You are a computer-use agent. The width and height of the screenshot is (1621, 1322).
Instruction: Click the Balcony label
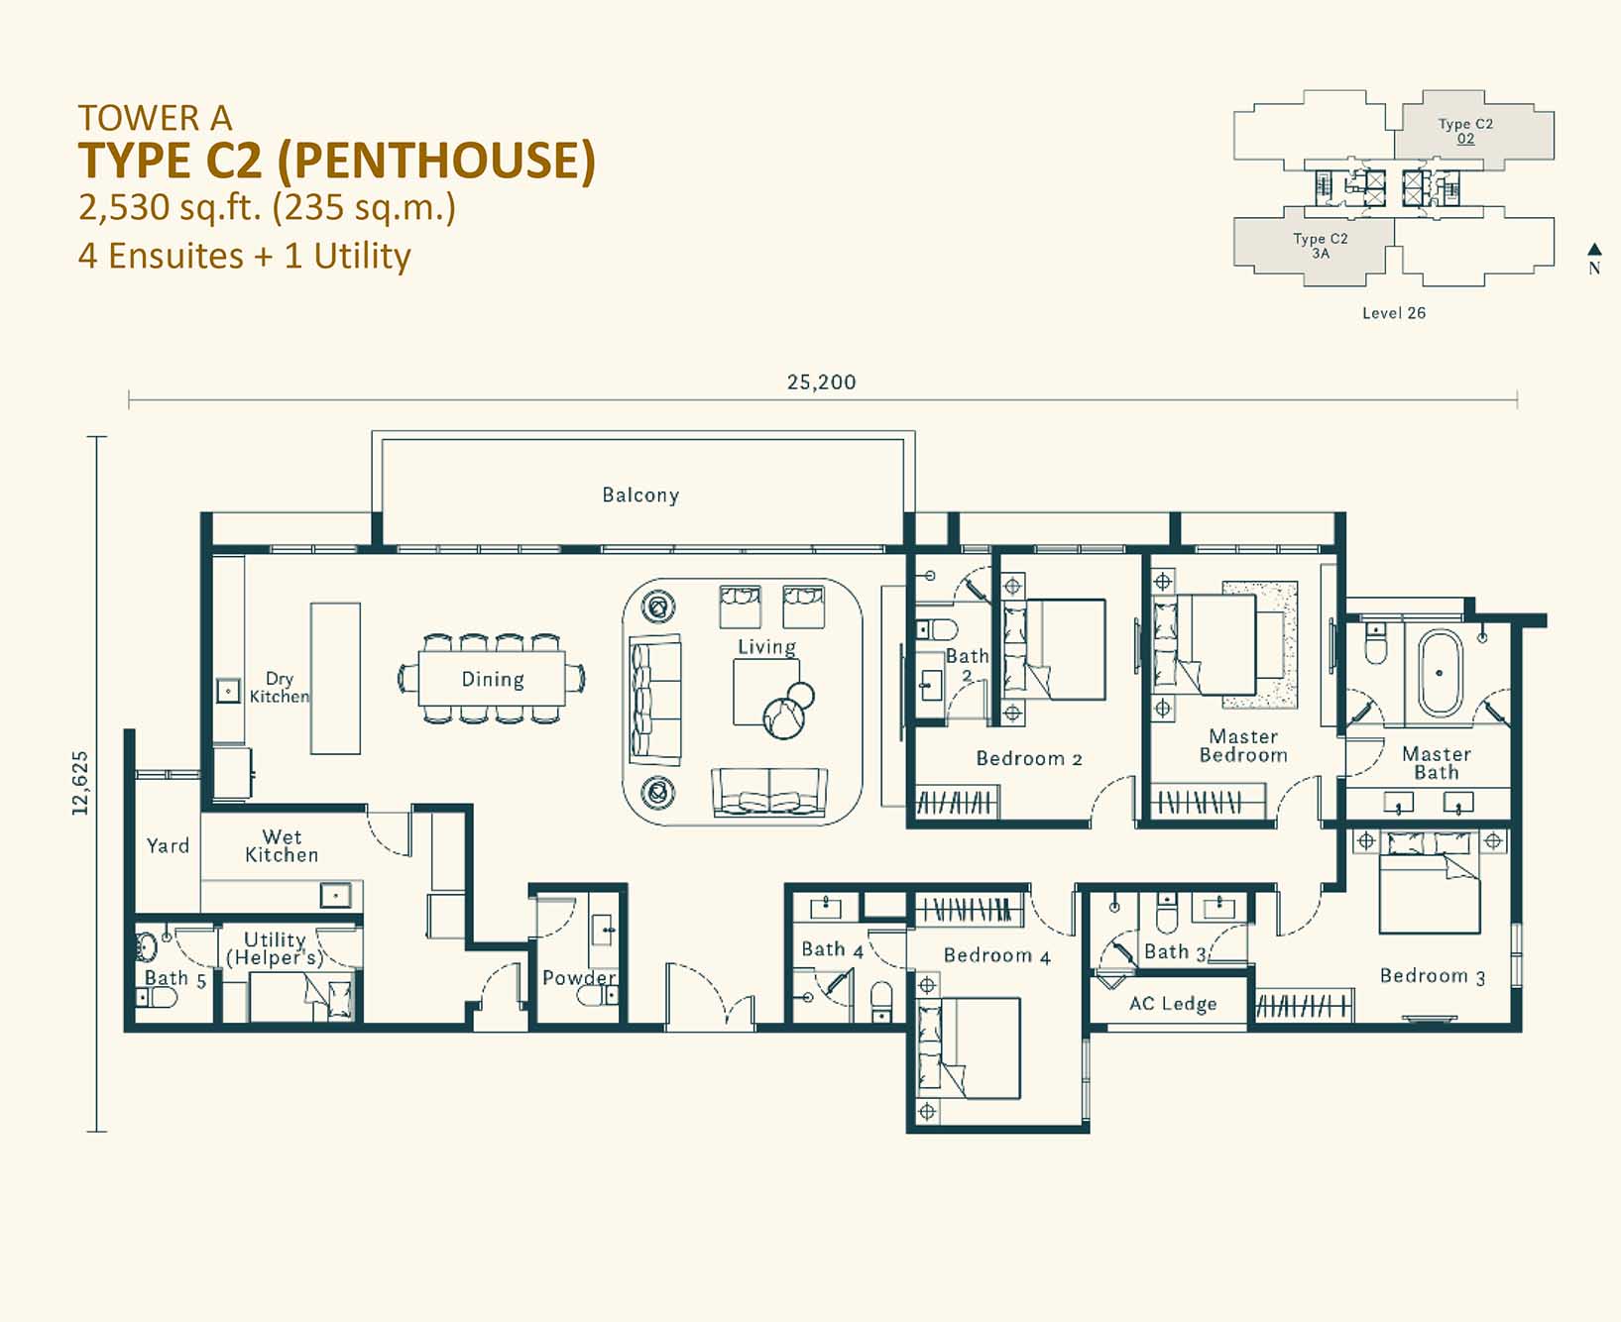pos(640,495)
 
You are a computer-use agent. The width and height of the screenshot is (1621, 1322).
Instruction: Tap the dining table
pos(492,679)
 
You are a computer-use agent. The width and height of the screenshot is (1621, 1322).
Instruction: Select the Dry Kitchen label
pos(279,687)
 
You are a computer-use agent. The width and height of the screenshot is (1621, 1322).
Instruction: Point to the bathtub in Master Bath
pos(1440,672)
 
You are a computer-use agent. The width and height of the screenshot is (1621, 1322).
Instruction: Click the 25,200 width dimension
pos(821,382)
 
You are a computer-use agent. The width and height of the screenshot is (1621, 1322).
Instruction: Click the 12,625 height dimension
pos(80,783)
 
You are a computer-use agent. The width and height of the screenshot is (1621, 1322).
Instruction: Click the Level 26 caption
pos(1393,313)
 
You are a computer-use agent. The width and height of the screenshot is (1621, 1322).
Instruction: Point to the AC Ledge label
pos(1173,1003)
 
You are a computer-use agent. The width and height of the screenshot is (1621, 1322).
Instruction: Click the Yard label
pos(168,845)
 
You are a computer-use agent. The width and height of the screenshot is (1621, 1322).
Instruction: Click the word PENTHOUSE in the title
pos(444,161)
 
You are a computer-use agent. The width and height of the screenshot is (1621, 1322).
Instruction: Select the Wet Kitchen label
pos(282,845)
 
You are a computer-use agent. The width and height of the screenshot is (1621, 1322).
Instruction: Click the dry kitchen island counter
pos(335,678)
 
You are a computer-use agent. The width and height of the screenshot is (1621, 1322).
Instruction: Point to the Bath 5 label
pos(175,979)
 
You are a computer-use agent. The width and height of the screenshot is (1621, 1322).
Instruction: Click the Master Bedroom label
pos(1243,745)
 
